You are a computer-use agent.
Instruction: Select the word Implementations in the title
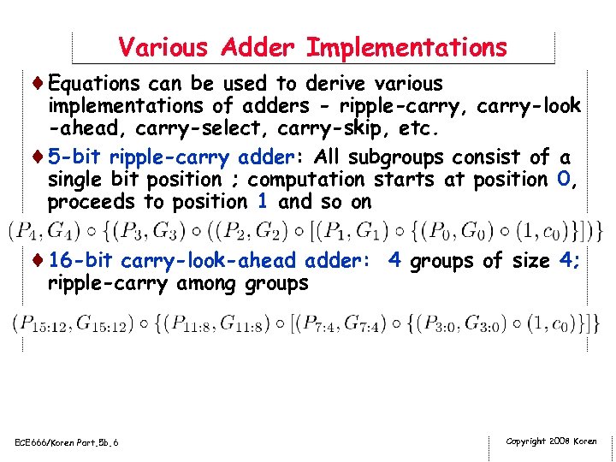(406, 46)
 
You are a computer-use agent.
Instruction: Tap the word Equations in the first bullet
(94, 84)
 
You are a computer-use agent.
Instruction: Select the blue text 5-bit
(75, 157)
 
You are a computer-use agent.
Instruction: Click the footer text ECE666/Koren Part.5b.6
(68, 442)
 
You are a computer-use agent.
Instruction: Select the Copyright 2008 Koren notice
(552, 441)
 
